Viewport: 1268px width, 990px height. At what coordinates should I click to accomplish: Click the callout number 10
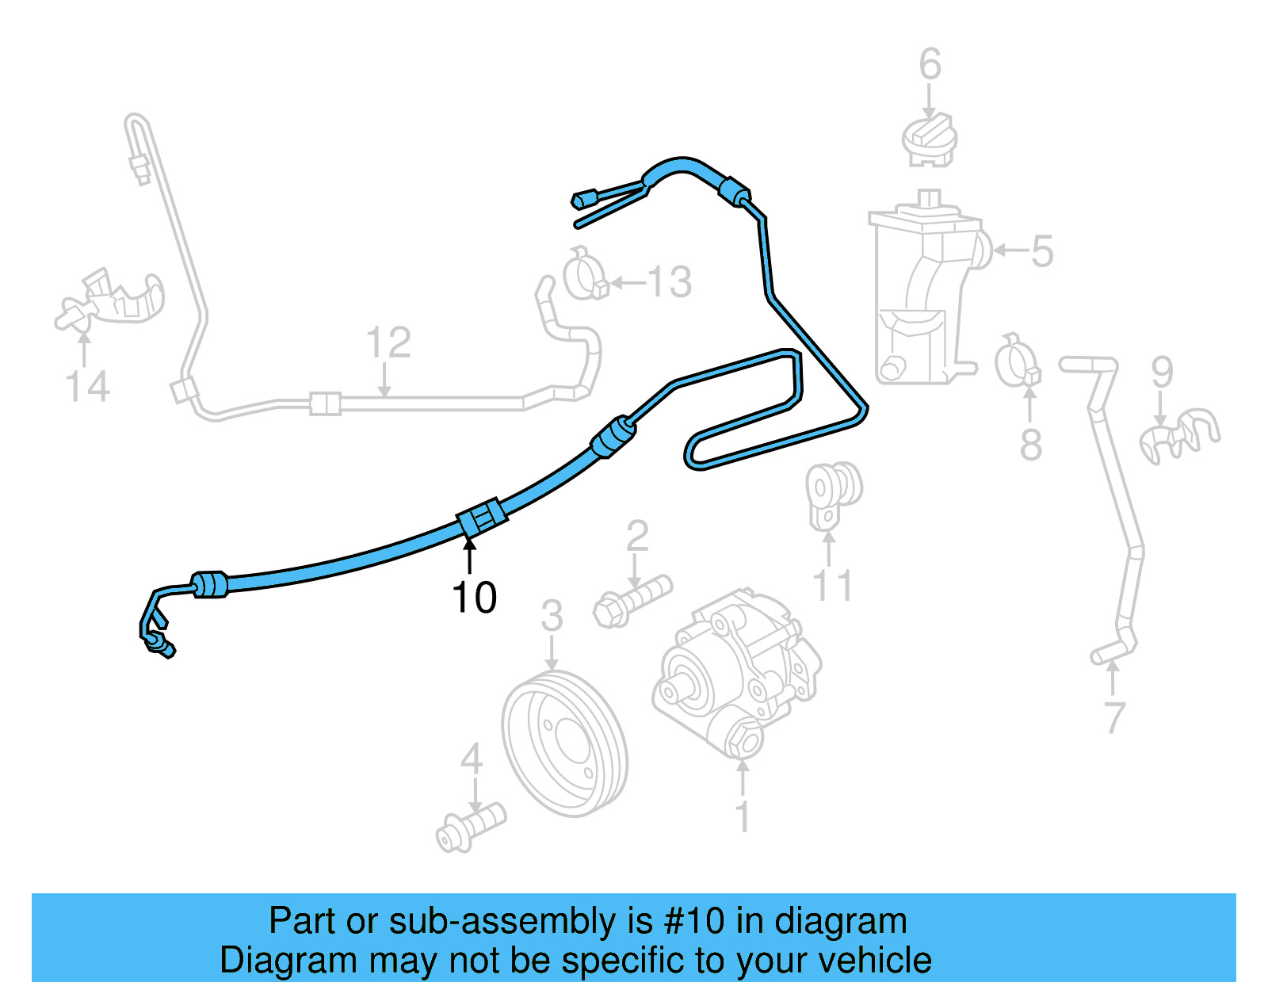tap(474, 597)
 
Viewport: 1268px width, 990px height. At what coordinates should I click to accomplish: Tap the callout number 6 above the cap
tap(930, 64)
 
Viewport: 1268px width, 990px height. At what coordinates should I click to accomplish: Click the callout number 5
tap(1041, 250)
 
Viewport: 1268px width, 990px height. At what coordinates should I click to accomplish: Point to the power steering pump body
tap(737, 674)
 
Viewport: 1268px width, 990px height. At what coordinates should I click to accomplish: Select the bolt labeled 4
tap(471, 828)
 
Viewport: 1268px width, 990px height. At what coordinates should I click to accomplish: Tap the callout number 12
tap(388, 342)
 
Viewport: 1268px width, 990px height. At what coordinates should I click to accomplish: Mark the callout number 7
tap(1114, 718)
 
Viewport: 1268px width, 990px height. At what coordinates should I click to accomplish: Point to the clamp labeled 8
tap(1018, 361)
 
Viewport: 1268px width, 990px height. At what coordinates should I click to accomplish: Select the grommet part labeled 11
tap(832, 491)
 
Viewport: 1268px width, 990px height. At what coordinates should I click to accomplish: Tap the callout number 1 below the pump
tap(743, 816)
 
